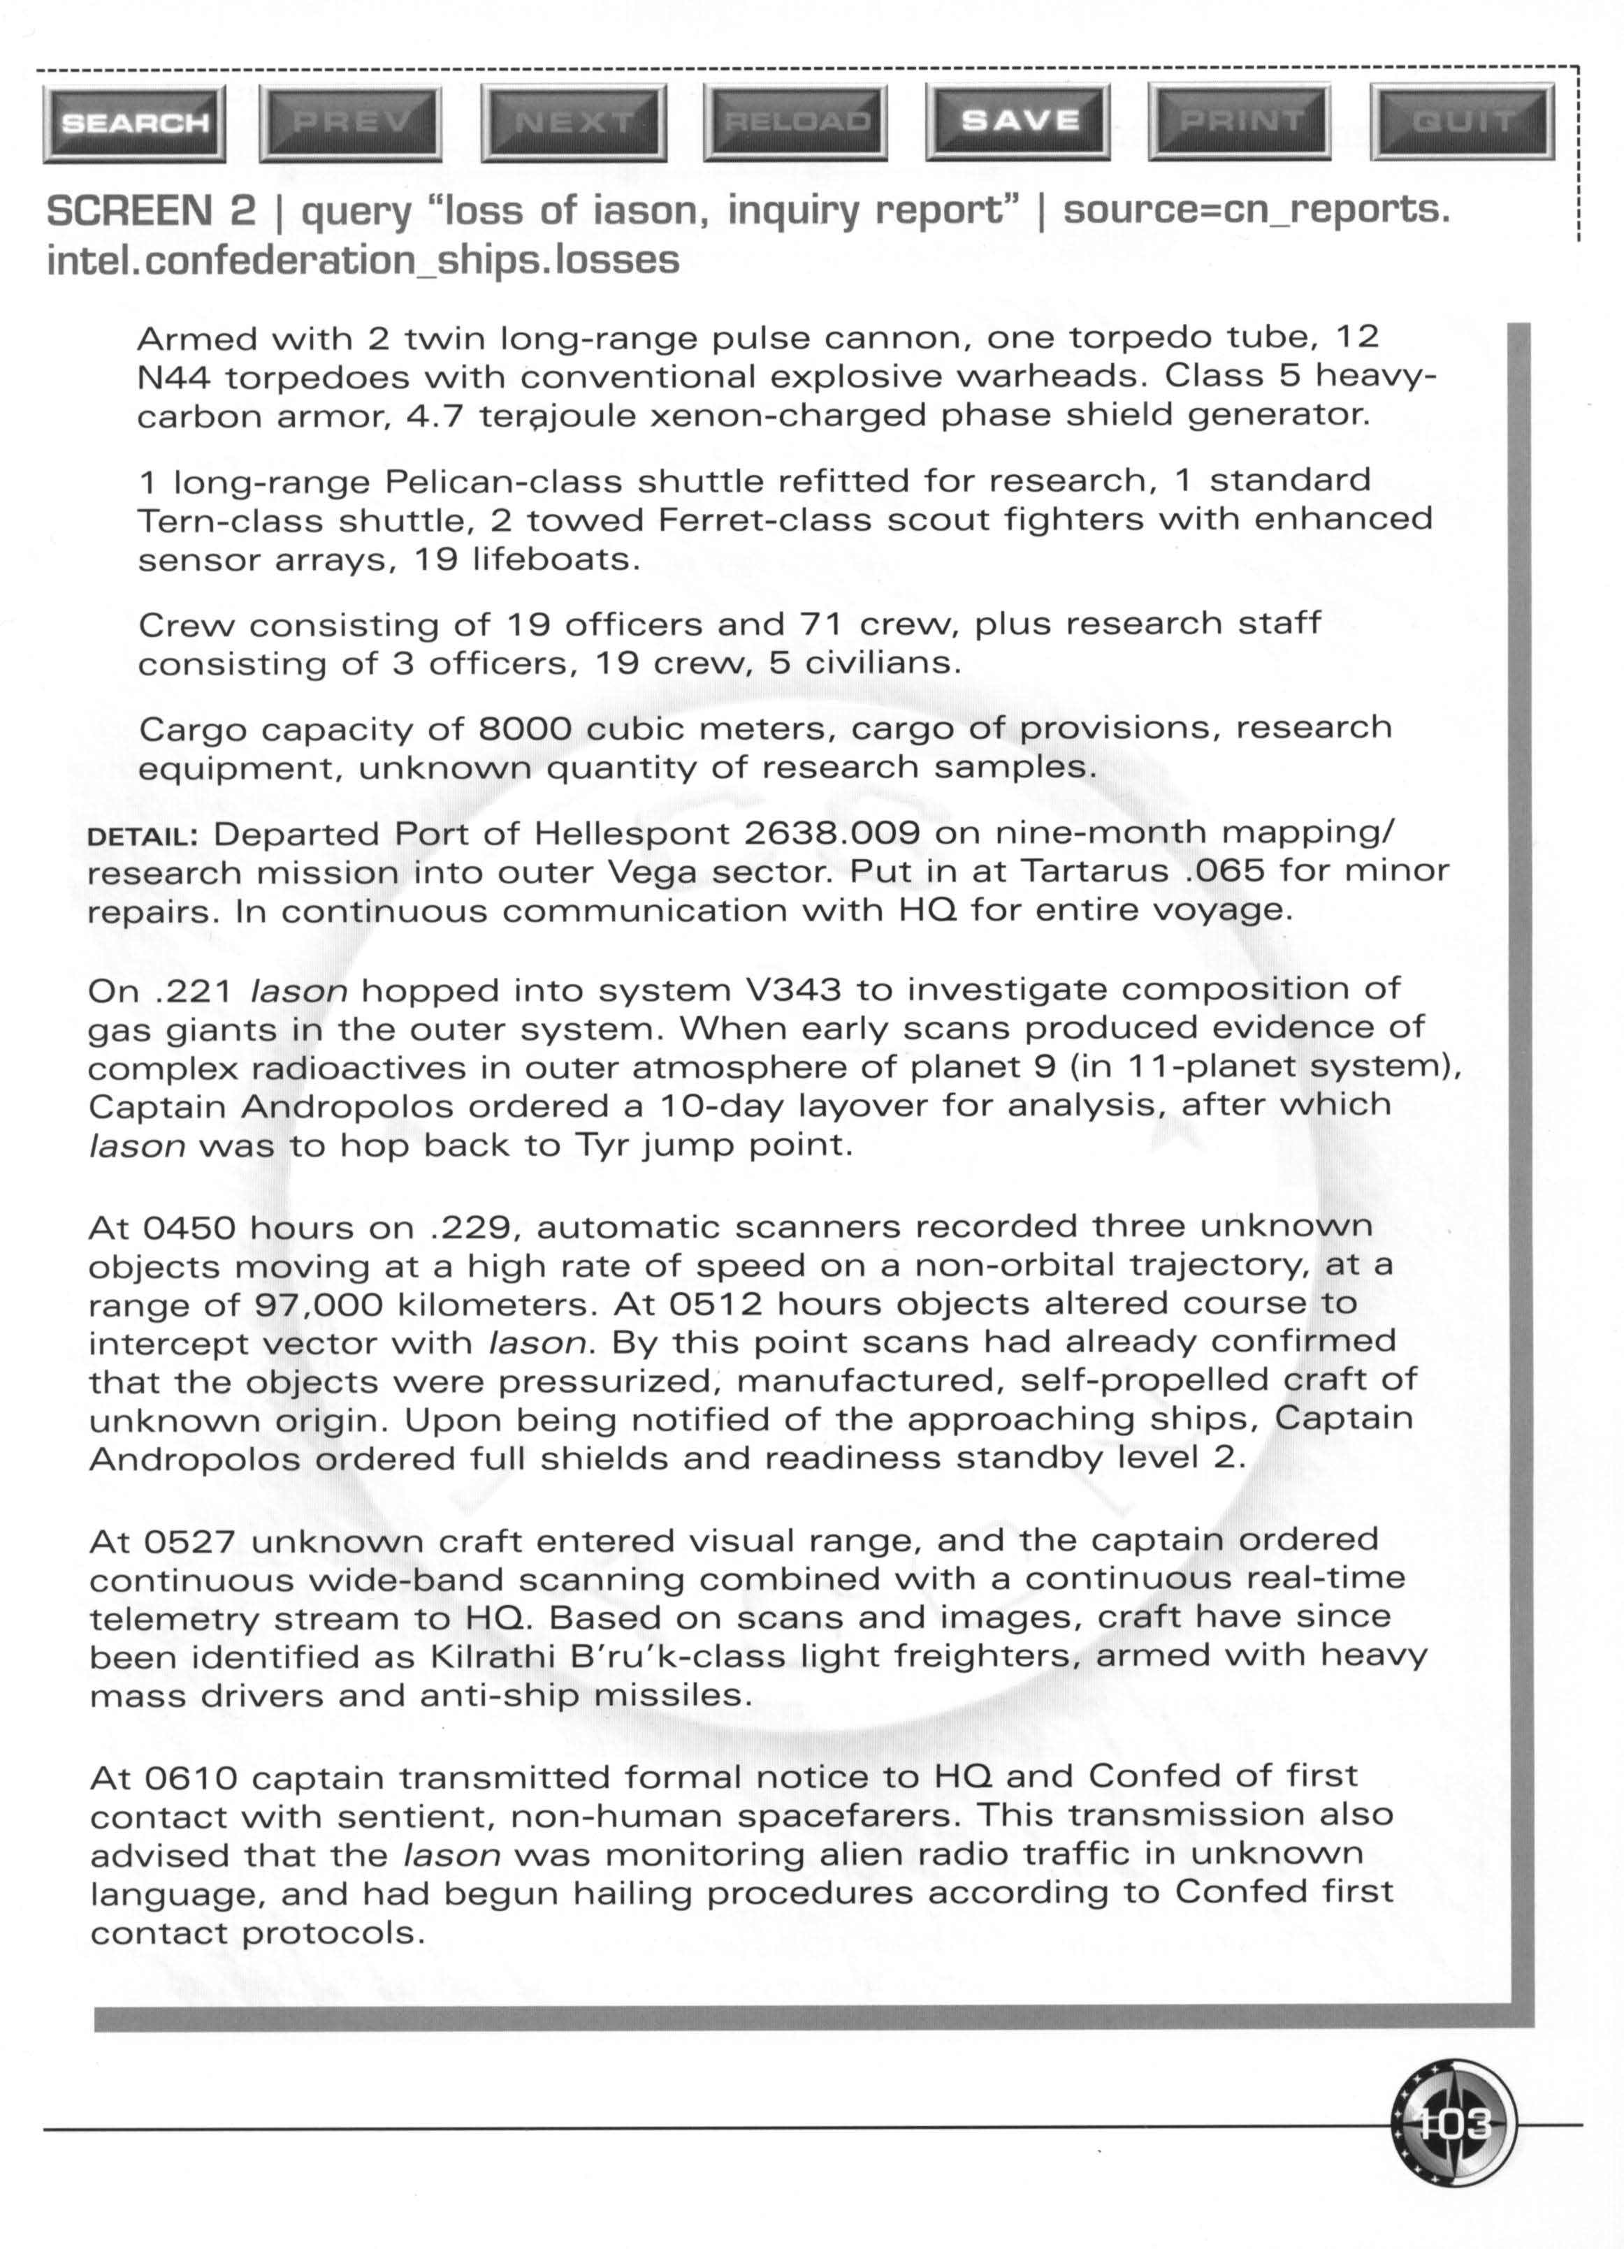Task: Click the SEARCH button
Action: (x=135, y=123)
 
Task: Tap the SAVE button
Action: (x=1019, y=121)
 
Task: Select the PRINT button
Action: (x=1241, y=121)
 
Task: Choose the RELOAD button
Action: (x=797, y=122)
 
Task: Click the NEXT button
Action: (x=574, y=122)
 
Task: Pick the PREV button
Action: (x=350, y=122)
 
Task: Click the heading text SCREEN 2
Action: (x=151, y=210)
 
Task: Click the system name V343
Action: (x=792, y=990)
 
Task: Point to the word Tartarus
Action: (x=1094, y=872)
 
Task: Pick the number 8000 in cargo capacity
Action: (x=525, y=729)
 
